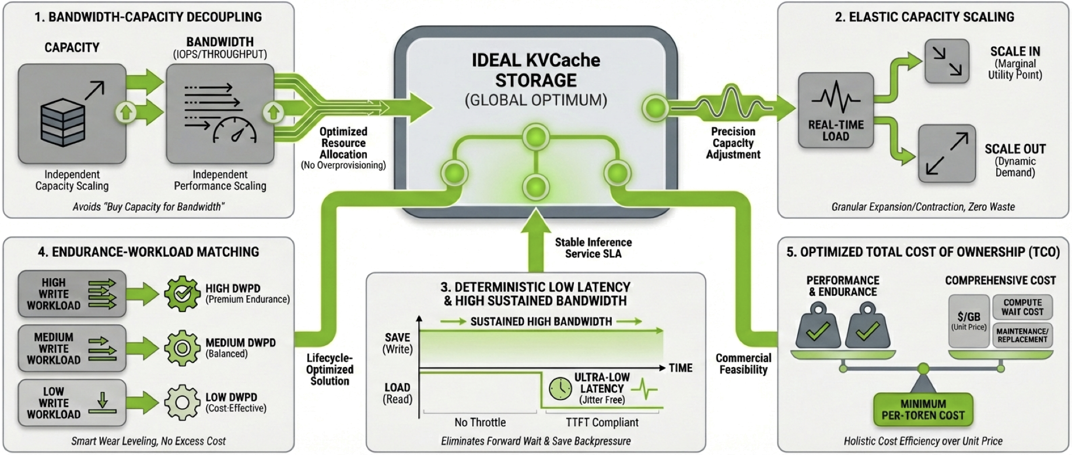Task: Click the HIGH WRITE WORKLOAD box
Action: [72, 294]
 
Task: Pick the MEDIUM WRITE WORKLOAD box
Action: [72, 348]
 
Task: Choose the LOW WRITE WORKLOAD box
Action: [72, 403]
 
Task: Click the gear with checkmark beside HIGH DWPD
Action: [182, 294]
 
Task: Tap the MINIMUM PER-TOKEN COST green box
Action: [923, 409]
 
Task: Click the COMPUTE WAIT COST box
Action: [1022, 307]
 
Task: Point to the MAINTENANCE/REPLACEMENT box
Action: [1022, 335]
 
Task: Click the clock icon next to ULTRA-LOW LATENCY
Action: [560, 388]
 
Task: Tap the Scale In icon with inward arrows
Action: [947, 61]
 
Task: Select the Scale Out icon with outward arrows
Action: [947, 153]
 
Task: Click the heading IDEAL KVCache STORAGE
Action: [535, 70]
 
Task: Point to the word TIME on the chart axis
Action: [681, 368]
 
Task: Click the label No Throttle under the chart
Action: [480, 422]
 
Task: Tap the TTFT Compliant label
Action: [602, 422]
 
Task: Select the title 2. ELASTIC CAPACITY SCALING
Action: [924, 17]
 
